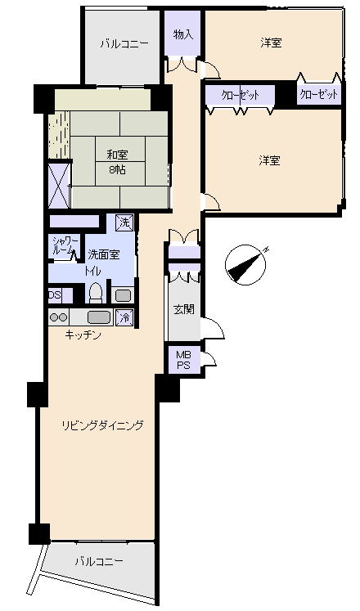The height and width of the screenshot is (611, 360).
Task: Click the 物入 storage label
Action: [x=183, y=34]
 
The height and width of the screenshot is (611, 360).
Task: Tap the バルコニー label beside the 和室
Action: [x=124, y=44]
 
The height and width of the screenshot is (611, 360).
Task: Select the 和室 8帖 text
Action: [x=117, y=161]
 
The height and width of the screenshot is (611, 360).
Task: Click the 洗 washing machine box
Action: [x=123, y=221]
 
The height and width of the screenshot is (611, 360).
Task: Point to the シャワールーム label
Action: [x=63, y=245]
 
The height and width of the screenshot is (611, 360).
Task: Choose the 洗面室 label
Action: [x=103, y=254]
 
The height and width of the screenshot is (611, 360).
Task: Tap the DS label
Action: [x=55, y=295]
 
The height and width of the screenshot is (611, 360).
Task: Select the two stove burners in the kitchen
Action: [x=59, y=317]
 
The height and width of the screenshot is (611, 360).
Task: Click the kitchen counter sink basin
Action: [x=98, y=317]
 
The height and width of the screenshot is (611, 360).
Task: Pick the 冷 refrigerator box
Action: [x=124, y=317]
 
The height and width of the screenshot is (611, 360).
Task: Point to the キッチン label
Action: [x=84, y=335]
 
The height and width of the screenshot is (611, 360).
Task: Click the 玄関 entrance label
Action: [x=183, y=309]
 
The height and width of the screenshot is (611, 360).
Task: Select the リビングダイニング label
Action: [x=103, y=425]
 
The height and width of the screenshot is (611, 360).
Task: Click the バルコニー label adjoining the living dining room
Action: [x=98, y=562]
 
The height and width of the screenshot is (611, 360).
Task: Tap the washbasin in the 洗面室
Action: [x=123, y=294]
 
